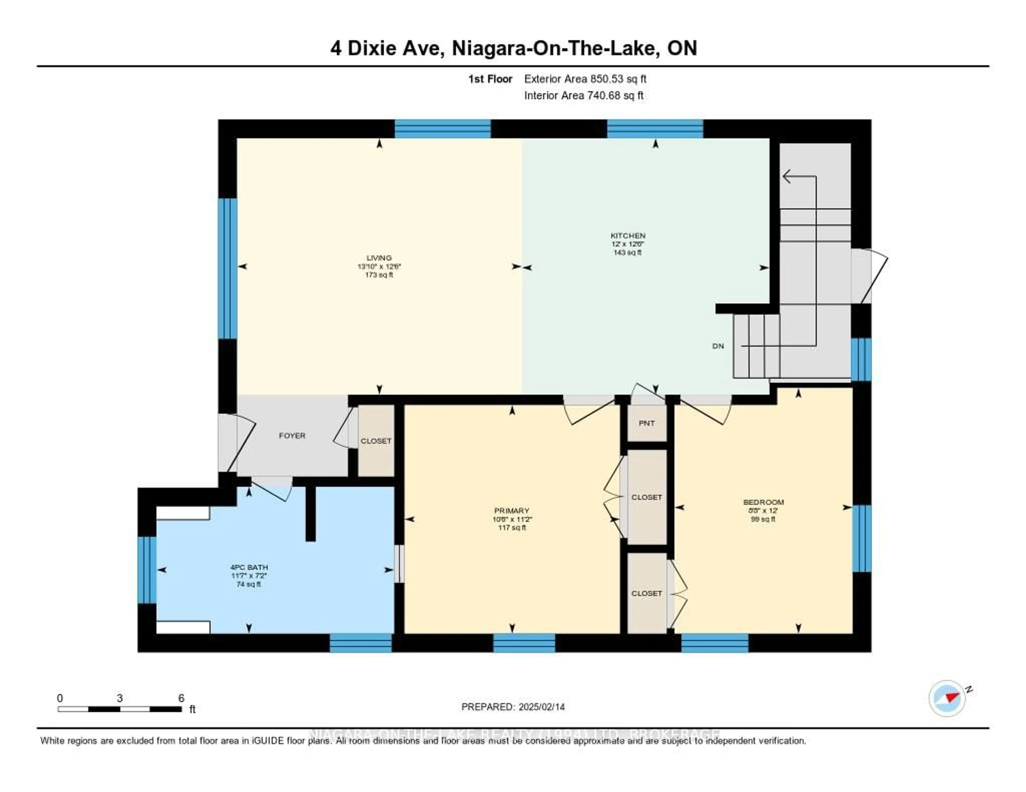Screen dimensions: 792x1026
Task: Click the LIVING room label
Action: click(379, 258)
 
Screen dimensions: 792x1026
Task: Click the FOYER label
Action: click(292, 436)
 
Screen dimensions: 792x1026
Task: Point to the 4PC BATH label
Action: click(249, 567)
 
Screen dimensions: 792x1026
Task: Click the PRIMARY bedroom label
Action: click(512, 510)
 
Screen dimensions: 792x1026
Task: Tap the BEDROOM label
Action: click(763, 502)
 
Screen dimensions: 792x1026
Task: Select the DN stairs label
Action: click(718, 346)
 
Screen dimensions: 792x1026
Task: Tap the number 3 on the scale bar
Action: click(120, 698)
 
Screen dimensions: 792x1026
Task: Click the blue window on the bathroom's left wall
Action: click(147, 570)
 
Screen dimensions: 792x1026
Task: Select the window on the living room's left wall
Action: click(227, 269)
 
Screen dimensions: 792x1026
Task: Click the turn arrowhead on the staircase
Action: click(787, 177)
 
